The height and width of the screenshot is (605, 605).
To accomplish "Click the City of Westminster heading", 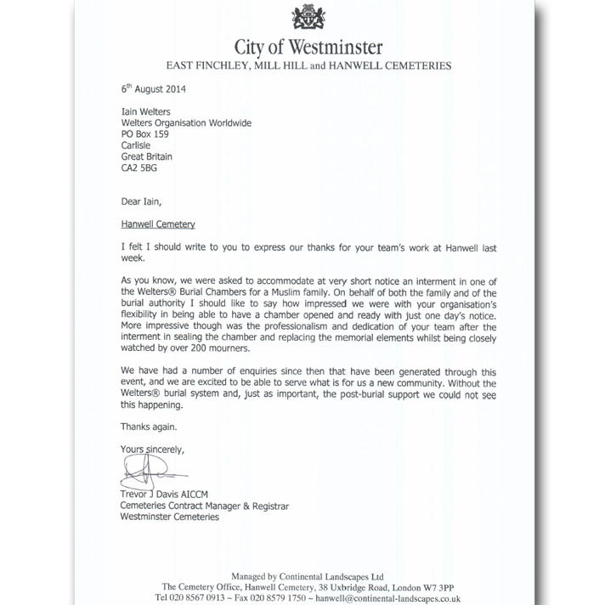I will [308, 46].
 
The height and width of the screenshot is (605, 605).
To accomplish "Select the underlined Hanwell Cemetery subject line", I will [158, 224].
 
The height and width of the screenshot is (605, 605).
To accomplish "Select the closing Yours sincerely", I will [153, 449].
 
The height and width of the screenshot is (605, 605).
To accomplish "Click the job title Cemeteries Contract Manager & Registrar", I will [205, 506].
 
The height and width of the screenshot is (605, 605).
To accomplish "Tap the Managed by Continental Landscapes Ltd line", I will [308, 575].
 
